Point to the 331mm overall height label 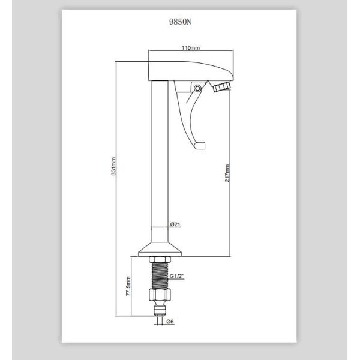click(x=114, y=167)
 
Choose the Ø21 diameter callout click(x=175, y=224)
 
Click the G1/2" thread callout click(x=176, y=276)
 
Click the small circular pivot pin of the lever click(x=197, y=88)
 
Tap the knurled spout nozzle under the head click(x=221, y=87)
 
